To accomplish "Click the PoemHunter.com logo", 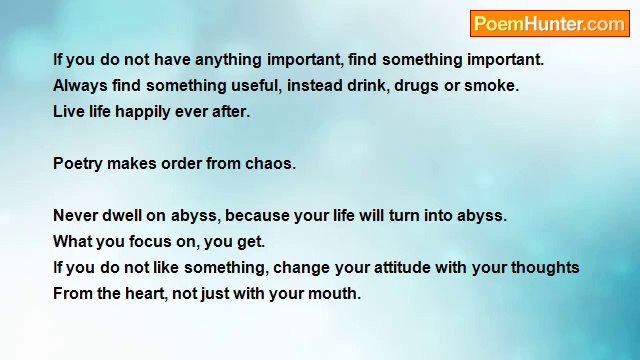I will [549, 24].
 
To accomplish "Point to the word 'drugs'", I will [416, 86].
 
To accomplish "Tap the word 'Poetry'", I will [78, 164].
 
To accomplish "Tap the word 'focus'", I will [150, 242].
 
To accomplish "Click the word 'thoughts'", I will [545, 268].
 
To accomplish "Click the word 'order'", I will [181, 164].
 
